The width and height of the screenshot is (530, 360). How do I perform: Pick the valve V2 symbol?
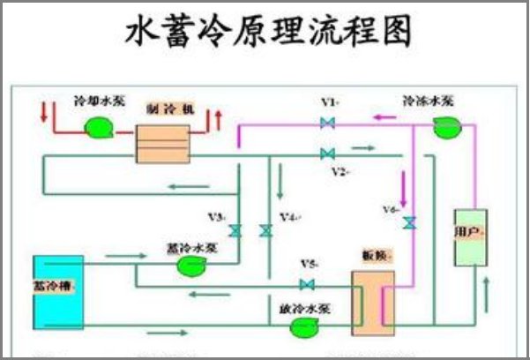[327, 154]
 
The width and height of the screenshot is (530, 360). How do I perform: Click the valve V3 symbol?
[235, 231]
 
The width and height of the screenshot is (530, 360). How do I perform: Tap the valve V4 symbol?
[265, 231]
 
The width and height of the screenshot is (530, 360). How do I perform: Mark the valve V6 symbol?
[407, 223]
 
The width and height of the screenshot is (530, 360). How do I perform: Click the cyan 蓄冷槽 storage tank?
[58, 288]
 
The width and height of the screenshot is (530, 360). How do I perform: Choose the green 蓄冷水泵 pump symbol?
[191, 267]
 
